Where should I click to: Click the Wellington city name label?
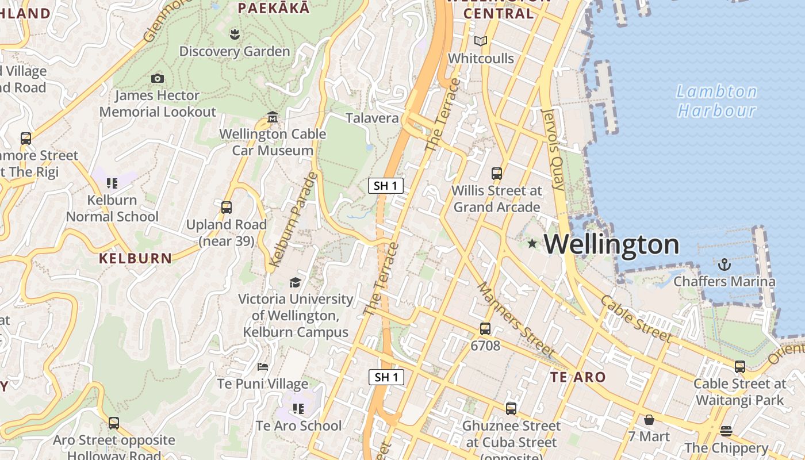(611, 244)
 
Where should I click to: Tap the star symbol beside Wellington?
(532, 244)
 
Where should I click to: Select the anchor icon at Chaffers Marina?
(724, 264)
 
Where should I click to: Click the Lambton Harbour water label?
(716, 101)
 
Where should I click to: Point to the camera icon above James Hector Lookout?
(157, 78)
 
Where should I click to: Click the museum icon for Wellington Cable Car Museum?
(273, 117)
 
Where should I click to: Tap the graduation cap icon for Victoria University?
(295, 282)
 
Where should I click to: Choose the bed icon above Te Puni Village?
(263, 366)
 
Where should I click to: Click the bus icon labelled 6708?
(485, 329)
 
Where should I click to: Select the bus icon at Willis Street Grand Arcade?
(497, 173)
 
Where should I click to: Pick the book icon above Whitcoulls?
(481, 41)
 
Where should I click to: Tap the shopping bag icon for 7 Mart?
(649, 420)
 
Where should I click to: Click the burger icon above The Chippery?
(726, 431)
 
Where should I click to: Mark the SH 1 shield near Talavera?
(386, 186)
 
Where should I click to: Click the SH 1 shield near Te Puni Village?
(386, 377)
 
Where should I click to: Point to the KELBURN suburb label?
(135, 258)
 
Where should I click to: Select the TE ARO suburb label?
(578, 377)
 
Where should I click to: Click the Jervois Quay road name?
(554, 149)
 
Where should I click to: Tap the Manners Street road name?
(516, 320)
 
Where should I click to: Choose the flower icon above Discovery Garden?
(234, 34)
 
